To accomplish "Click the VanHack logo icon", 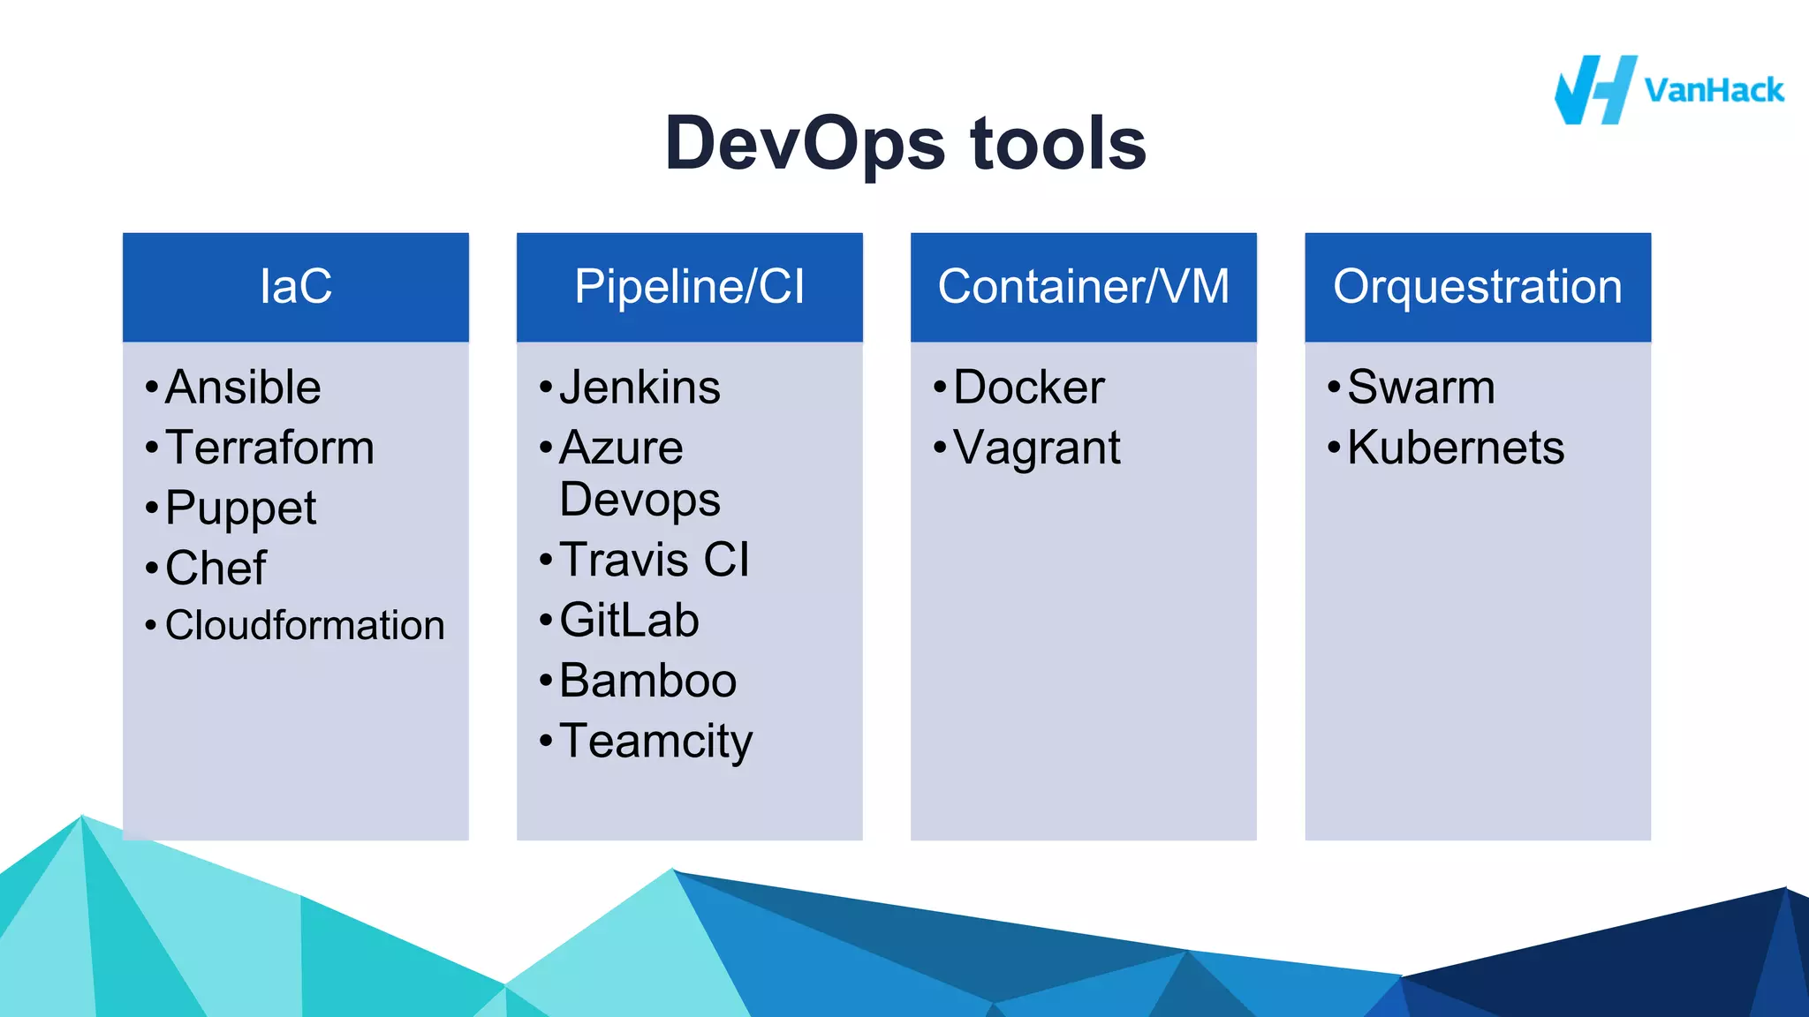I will click(x=1594, y=90).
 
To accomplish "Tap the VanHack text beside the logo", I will click(x=1714, y=91).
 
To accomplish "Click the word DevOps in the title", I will click(x=805, y=144).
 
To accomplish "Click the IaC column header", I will click(x=296, y=287).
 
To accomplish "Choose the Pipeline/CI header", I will click(x=690, y=287).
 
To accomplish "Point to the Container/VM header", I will click(x=1084, y=287).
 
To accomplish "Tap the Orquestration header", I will click(x=1478, y=287).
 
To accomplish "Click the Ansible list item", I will click(x=243, y=388).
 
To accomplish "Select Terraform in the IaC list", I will click(x=269, y=448).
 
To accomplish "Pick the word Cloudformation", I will click(x=305, y=626).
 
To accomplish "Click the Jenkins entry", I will click(x=640, y=388).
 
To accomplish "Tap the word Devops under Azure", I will click(x=640, y=501).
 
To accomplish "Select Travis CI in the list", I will click(x=655, y=560).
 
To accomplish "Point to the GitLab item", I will click(x=629, y=620).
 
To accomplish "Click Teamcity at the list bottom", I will click(x=655, y=742).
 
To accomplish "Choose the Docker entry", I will click(x=1029, y=388).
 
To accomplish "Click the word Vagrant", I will click(x=1037, y=448).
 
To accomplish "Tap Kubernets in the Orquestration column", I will click(x=1456, y=448).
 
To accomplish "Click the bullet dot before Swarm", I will click(x=1334, y=387).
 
